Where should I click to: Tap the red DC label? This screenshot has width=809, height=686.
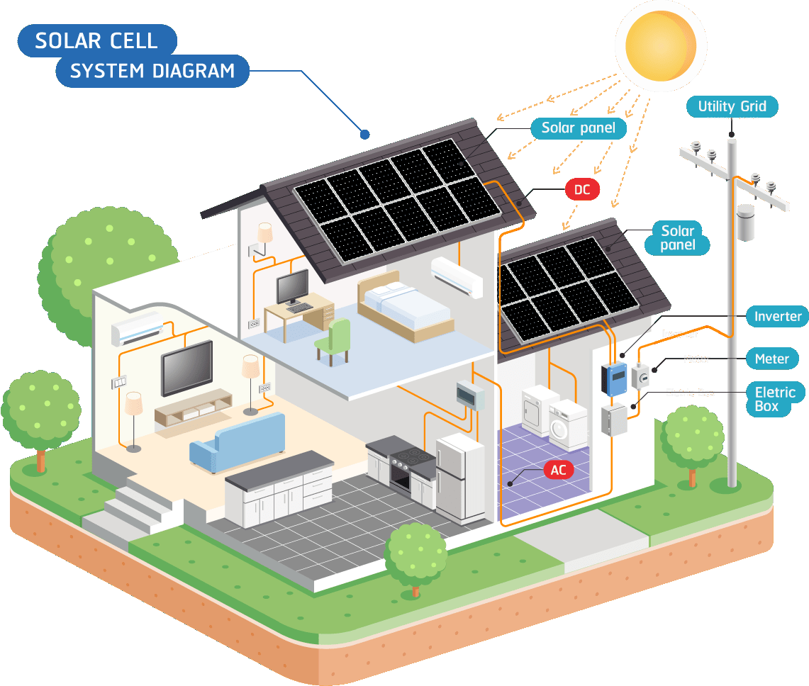pyautogui.click(x=582, y=189)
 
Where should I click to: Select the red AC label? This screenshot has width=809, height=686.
pyautogui.click(x=559, y=470)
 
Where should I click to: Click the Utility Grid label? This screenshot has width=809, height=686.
pyautogui.click(x=732, y=107)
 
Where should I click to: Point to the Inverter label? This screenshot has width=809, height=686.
pyautogui.click(x=778, y=317)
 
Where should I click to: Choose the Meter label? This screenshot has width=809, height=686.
pyautogui.click(x=771, y=359)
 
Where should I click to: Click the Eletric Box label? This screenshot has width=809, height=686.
pyautogui.click(x=775, y=399)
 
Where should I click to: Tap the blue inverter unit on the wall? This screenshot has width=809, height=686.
pyautogui.click(x=614, y=378)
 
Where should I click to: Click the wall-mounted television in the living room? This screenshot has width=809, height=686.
pyautogui.click(x=187, y=367)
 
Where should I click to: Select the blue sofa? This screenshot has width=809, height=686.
pyautogui.click(x=238, y=443)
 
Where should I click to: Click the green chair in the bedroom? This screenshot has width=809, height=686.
pyautogui.click(x=333, y=340)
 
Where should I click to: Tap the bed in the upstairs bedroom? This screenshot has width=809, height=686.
pyautogui.click(x=404, y=308)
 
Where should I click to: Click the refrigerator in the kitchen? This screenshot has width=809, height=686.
pyautogui.click(x=459, y=477)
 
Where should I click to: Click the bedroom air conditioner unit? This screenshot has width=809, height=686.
pyautogui.click(x=457, y=276)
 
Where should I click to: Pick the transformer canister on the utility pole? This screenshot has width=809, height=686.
pyautogui.click(x=744, y=223)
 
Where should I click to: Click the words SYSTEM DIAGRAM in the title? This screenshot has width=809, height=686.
pyautogui.click(x=152, y=72)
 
